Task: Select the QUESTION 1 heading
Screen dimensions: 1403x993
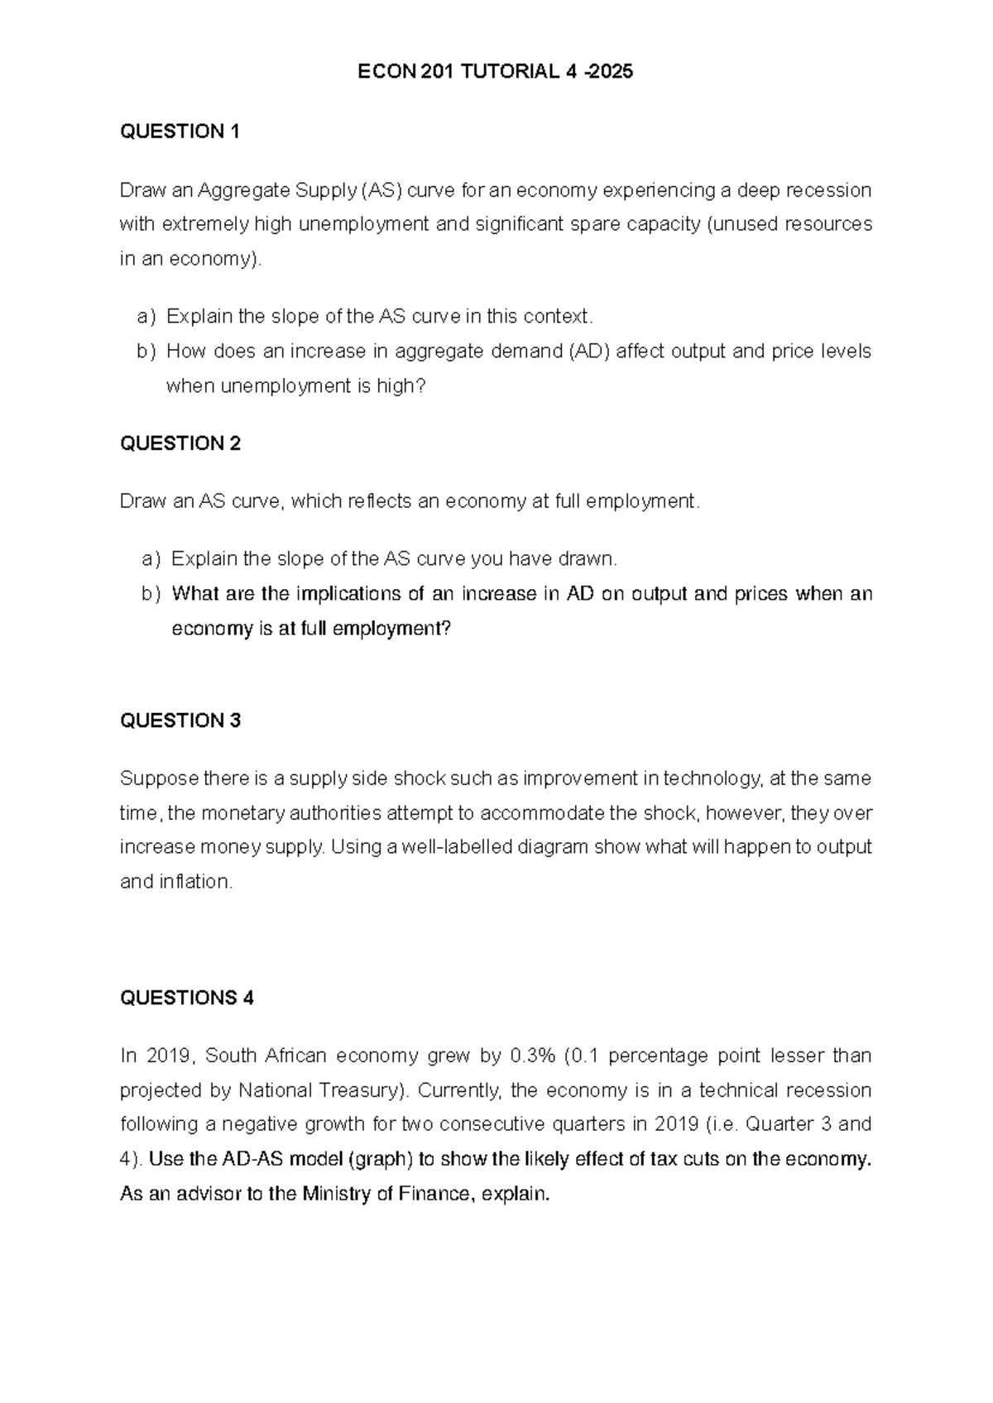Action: click(x=180, y=132)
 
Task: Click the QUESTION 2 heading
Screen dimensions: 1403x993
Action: click(x=180, y=443)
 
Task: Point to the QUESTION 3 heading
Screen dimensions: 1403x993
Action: click(x=180, y=721)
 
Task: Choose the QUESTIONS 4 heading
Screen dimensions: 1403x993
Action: click(x=186, y=998)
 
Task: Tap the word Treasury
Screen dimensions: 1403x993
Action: click(x=363, y=1090)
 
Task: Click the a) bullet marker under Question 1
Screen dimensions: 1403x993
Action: click(x=146, y=317)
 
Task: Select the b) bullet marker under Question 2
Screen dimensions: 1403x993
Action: click(x=151, y=594)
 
